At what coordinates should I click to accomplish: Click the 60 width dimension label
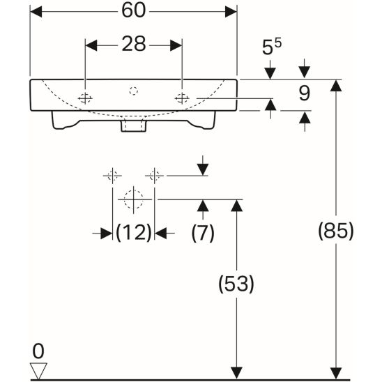point(134,10)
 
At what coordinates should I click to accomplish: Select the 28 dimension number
point(134,44)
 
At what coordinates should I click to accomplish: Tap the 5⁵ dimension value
point(271,46)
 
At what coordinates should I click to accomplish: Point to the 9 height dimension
point(305,93)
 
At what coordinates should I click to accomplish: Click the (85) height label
point(336,231)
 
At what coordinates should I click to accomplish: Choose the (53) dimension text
point(236,284)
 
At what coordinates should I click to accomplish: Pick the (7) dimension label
point(203,233)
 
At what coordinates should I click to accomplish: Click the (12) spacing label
point(134,233)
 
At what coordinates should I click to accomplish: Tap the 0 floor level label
point(38,351)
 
